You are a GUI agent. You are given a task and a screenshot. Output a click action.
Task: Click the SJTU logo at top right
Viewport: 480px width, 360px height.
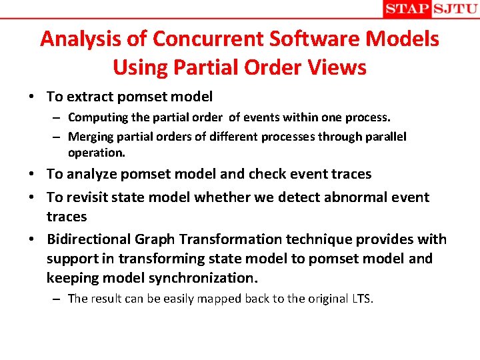455,9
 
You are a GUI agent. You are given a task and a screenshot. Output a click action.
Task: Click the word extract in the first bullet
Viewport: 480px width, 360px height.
89,97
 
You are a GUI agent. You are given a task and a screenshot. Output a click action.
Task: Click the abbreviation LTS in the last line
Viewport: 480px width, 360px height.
362,298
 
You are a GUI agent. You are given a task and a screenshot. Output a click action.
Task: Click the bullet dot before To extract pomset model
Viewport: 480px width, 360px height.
32,97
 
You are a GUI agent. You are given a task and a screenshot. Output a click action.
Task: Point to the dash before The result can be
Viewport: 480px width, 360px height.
59,299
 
